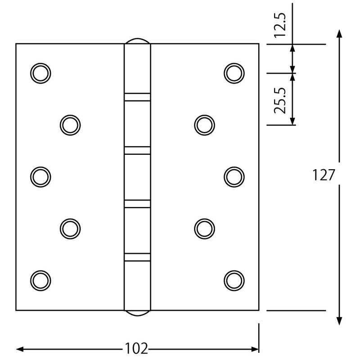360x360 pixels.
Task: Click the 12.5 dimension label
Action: (280, 25)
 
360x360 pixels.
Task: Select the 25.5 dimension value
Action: (280, 101)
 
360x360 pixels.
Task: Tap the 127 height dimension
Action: (323, 175)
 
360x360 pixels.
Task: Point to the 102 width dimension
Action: (136, 348)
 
